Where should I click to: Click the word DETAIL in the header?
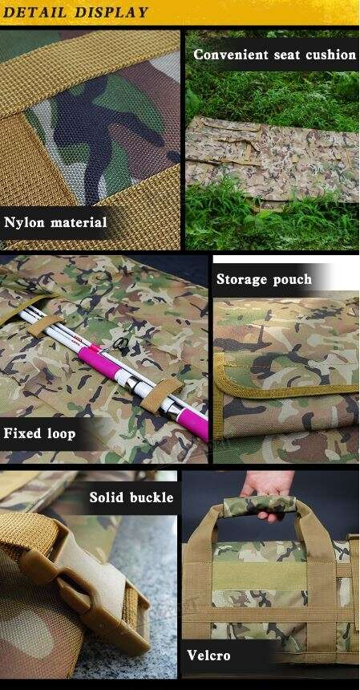(34, 12)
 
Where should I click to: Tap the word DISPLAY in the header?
(111, 12)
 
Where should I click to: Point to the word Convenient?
(231, 55)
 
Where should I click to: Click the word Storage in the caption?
(241, 279)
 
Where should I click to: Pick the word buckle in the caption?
(152, 497)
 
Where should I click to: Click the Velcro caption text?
(208, 655)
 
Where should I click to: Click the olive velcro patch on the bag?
(259, 575)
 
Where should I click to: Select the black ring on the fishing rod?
(119, 343)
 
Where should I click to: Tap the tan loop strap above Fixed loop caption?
(162, 394)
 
